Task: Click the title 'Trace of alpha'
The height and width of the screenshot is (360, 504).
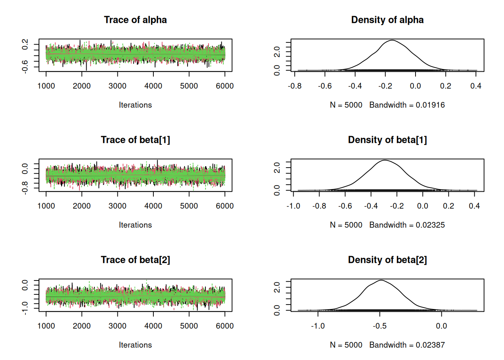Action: tap(135, 20)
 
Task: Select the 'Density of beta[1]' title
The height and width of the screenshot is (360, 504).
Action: tap(387, 140)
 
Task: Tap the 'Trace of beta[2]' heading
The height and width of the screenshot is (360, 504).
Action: tap(135, 260)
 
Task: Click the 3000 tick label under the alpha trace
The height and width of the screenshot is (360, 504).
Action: tap(117, 86)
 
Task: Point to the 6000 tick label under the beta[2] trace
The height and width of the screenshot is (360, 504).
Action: tap(225, 326)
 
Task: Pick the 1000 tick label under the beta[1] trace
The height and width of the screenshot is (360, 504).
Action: tap(46, 206)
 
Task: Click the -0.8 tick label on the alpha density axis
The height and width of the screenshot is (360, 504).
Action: tap(295, 86)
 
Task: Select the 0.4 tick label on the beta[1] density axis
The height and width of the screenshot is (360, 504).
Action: tap(474, 206)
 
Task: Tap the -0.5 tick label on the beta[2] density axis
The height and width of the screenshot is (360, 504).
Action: tap(379, 326)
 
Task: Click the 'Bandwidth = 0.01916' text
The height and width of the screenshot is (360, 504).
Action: tap(407, 105)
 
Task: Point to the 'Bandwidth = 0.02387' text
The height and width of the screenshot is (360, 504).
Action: tap(407, 345)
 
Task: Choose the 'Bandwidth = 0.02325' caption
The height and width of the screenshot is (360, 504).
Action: tap(407, 225)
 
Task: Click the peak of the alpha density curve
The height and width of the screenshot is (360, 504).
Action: tap(392, 40)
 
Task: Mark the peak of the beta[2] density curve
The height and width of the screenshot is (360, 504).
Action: tap(381, 280)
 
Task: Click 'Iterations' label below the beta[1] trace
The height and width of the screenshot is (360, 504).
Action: tap(135, 225)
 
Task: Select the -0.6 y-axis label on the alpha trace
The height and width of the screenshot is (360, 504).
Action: tap(25, 66)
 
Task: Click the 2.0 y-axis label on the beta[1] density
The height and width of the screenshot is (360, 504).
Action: tap(277, 167)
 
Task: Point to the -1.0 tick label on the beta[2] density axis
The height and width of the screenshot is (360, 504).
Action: tap(318, 326)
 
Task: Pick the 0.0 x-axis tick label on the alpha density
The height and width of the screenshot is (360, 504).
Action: tap(415, 86)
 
